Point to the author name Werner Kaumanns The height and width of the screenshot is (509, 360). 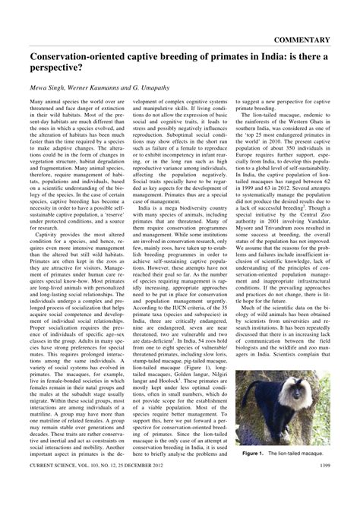101,90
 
